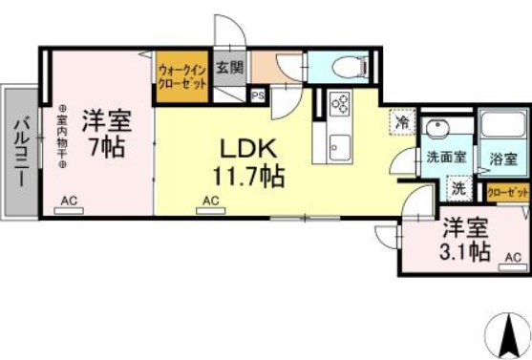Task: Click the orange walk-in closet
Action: [x=181, y=74]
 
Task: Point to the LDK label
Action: [x=249, y=150]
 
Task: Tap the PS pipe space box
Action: [x=258, y=95]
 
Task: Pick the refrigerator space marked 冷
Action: [x=403, y=121]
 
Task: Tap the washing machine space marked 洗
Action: [x=459, y=189]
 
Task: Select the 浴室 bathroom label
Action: [x=503, y=159]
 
